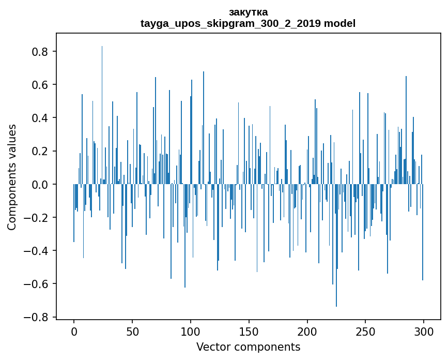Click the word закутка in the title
[248, 12]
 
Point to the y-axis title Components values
[12, 177]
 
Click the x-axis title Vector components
[248, 347]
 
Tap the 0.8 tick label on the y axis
[40, 52]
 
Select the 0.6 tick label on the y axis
[40, 85]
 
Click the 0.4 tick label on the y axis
[40, 118]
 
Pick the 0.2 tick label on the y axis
[40, 151]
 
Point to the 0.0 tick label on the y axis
[40, 185]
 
